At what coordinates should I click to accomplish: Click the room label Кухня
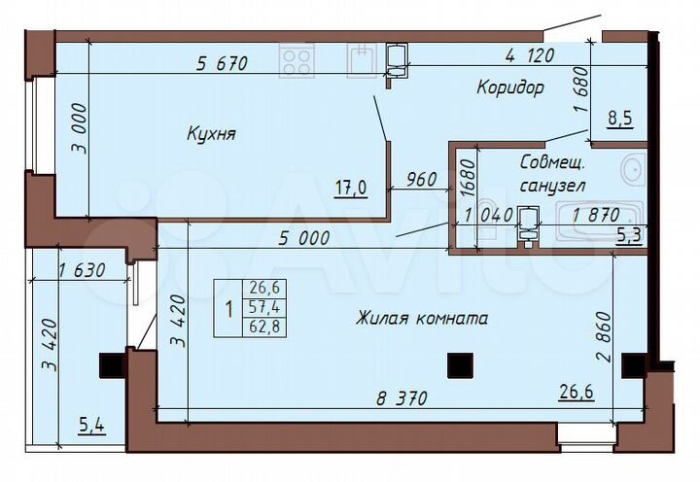pos(211,134)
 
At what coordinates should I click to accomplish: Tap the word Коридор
pos(509,87)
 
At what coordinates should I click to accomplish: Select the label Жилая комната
pos(421,318)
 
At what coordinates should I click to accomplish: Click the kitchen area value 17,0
pos(351,189)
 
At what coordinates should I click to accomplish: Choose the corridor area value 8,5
pos(620,120)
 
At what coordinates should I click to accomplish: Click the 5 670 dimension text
pos(223,64)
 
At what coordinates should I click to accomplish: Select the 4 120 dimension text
pos(529,56)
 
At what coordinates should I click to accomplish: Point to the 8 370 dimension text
pos(402,397)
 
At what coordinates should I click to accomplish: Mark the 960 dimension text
pos(418,179)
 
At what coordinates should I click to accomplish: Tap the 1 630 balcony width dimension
pos(83,271)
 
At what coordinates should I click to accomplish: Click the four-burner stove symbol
pos(297,60)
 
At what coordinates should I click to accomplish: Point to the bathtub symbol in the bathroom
pos(594,217)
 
